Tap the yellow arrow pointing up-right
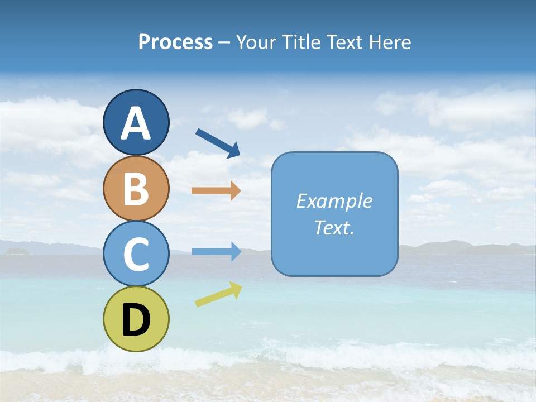(x=218, y=294)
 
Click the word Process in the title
(x=175, y=42)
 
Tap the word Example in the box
(x=334, y=201)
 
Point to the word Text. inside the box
(x=334, y=228)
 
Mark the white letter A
(x=136, y=124)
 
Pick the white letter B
(x=136, y=189)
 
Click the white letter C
(x=136, y=254)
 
